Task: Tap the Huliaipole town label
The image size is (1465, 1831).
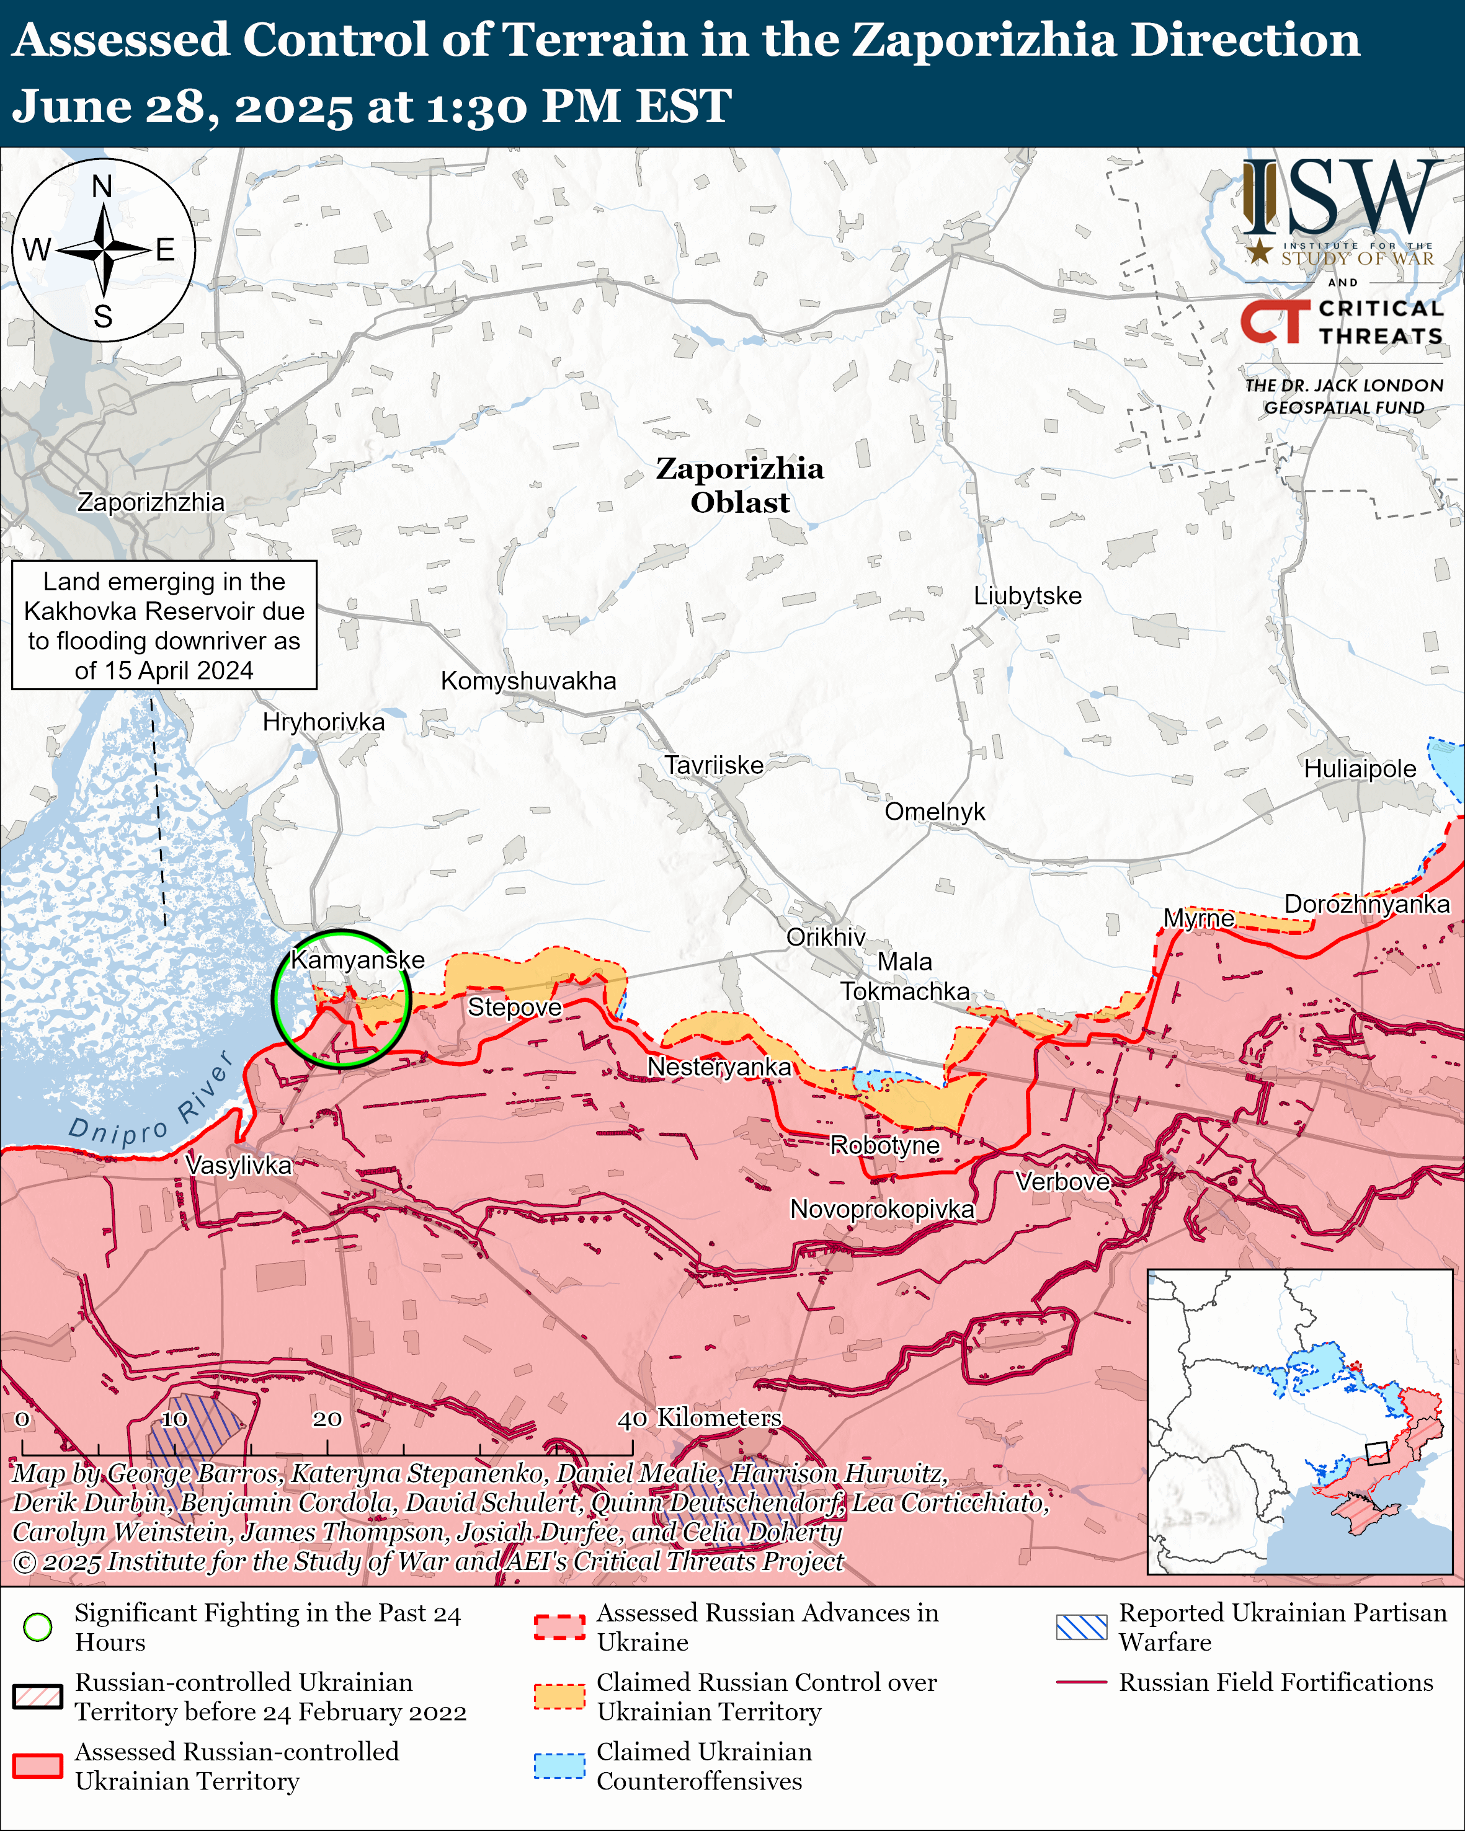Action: point(1359,769)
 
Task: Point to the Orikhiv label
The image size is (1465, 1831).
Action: point(825,937)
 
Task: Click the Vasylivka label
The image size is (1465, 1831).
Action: point(239,1164)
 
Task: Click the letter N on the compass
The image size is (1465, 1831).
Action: point(102,186)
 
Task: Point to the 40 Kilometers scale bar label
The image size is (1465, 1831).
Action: point(698,1417)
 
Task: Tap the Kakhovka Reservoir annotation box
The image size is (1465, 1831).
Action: point(164,625)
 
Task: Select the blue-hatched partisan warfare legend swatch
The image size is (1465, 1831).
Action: point(1081,1626)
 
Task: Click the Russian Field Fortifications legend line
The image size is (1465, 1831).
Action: point(1081,1682)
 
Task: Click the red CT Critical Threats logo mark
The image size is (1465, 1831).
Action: point(1275,322)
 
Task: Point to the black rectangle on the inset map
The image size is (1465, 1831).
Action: point(1377,1453)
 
